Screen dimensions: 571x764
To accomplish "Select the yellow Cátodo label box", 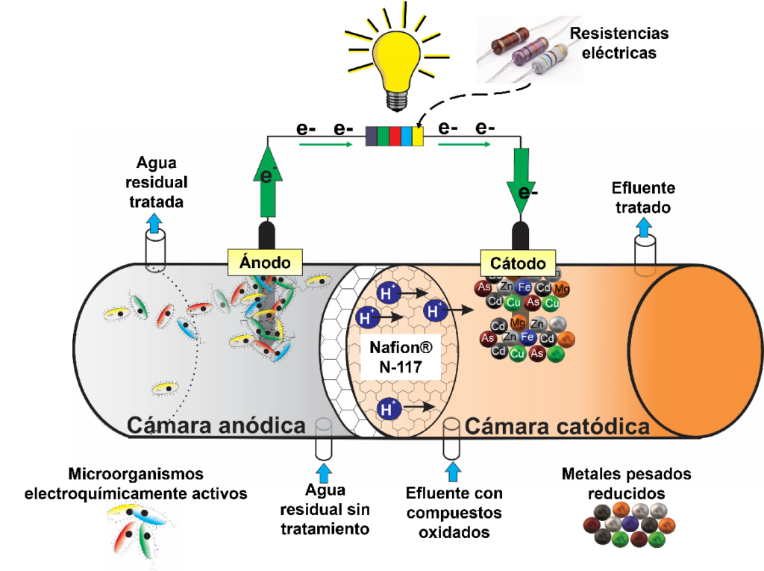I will pos(518,263).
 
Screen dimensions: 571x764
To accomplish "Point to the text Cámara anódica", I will pos(216,425).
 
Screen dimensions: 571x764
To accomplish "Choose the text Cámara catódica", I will pos(557,426).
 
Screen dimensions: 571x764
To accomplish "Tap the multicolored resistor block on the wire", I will pos(395,137).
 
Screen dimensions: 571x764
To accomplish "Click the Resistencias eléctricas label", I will pos(619,43).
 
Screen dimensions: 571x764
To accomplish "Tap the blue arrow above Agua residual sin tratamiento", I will pos(324,472).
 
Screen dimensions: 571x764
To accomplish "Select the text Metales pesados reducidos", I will pos(626,484).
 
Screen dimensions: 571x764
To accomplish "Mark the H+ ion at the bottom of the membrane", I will pos(387,408).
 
